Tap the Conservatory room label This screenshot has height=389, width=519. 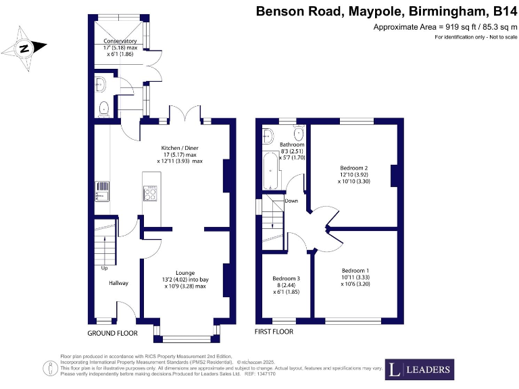point(120,41)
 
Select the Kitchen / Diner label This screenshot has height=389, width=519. point(179,148)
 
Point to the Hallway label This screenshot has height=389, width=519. point(118,283)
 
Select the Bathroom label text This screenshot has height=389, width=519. point(292,145)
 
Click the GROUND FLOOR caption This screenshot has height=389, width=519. point(112,334)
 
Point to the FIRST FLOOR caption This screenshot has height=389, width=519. point(274,332)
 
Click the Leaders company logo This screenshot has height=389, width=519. point(419,369)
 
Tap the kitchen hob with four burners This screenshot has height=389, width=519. point(150,193)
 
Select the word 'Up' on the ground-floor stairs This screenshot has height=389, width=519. point(104,268)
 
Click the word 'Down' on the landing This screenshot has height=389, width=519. point(291,201)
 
